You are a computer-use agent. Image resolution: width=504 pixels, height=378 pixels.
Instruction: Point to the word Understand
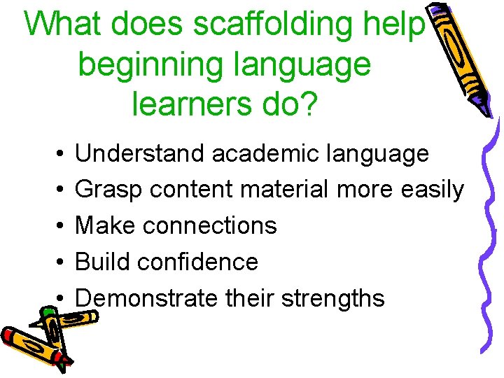coord(140,153)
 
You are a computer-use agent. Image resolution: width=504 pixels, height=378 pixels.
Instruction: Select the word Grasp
coord(106,190)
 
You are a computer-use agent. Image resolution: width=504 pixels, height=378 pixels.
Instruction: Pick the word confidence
coord(198,262)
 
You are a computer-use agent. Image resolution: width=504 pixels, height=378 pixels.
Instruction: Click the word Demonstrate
coord(146,299)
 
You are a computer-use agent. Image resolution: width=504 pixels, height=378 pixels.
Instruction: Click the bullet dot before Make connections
coord(62,226)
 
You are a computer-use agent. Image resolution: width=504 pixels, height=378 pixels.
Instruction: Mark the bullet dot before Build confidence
coord(62,262)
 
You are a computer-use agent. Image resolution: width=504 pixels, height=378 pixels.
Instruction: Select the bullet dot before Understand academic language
coord(62,153)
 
